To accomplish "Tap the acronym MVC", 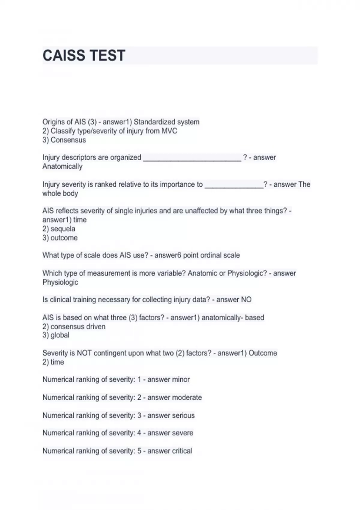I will [x=169, y=131].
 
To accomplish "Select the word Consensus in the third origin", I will [x=68, y=140].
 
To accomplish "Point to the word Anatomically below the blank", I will [x=62, y=166].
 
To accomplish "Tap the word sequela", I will [x=63, y=229].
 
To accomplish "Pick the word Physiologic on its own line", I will [x=60, y=282].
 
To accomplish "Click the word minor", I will [x=181, y=379].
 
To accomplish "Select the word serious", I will [x=183, y=415].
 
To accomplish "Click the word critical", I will [x=181, y=451].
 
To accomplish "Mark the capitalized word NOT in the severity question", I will [x=84, y=353].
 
